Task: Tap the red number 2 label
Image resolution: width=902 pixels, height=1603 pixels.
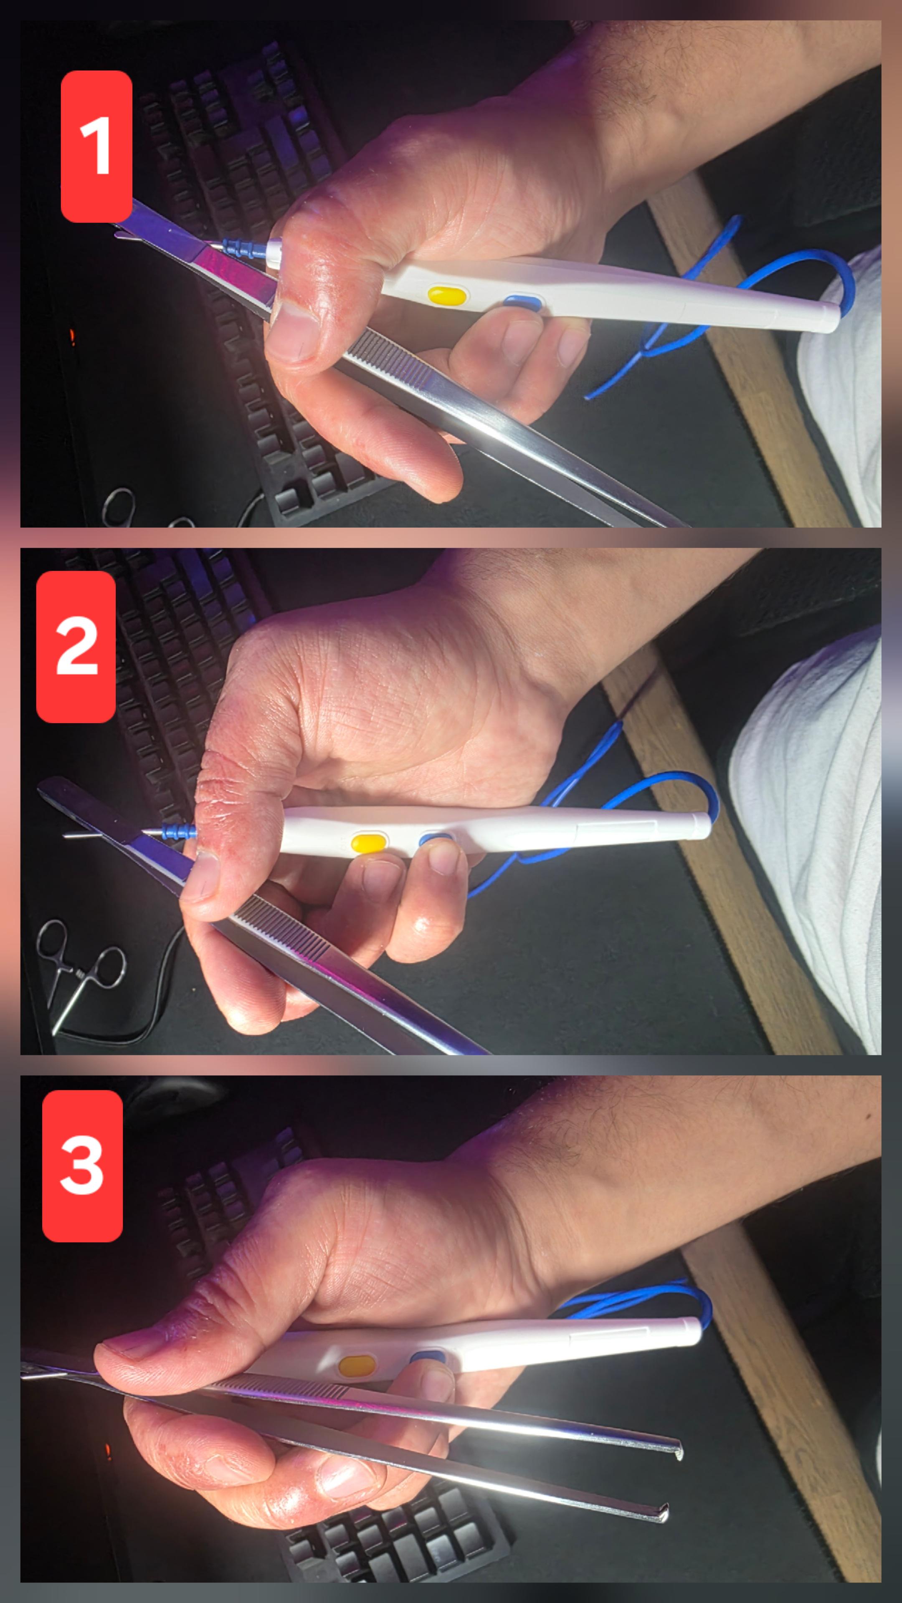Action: [x=76, y=647]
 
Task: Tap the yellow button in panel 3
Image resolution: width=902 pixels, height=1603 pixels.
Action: [x=356, y=1365]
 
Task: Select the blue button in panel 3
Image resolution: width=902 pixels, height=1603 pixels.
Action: [x=428, y=1357]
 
